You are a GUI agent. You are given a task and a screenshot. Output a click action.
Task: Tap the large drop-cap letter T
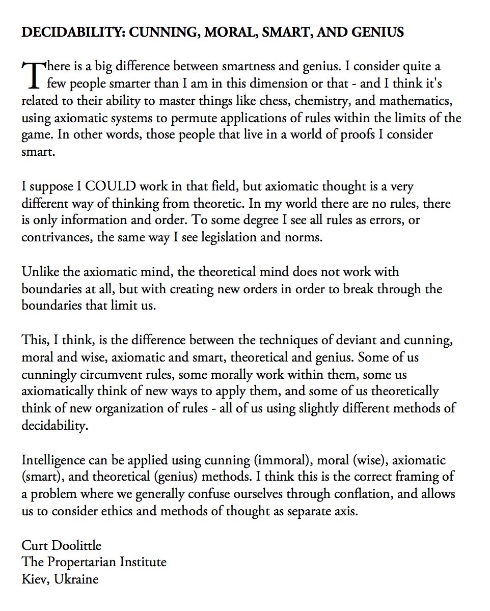(x=32, y=74)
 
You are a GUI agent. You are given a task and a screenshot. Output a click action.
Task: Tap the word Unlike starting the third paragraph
(x=36, y=272)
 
